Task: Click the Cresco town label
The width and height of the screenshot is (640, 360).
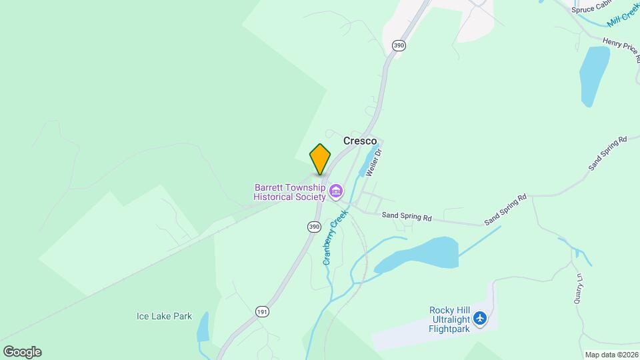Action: click(x=360, y=141)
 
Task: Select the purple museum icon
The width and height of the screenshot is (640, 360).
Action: click(x=335, y=193)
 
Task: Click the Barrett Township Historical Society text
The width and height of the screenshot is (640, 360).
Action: click(x=289, y=192)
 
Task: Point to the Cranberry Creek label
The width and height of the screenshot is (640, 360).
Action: click(x=336, y=237)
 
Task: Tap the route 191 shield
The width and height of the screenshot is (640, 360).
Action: click(x=262, y=311)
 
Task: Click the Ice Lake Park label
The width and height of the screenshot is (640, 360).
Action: click(x=164, y=316)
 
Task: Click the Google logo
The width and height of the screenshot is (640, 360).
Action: click(x=22, y=352)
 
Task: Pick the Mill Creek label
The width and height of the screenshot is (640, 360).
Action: click(x=623, y=18)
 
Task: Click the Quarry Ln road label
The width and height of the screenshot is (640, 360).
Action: click(x=579, y=289)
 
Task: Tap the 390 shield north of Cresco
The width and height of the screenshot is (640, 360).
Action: click(x=399, y=45)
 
